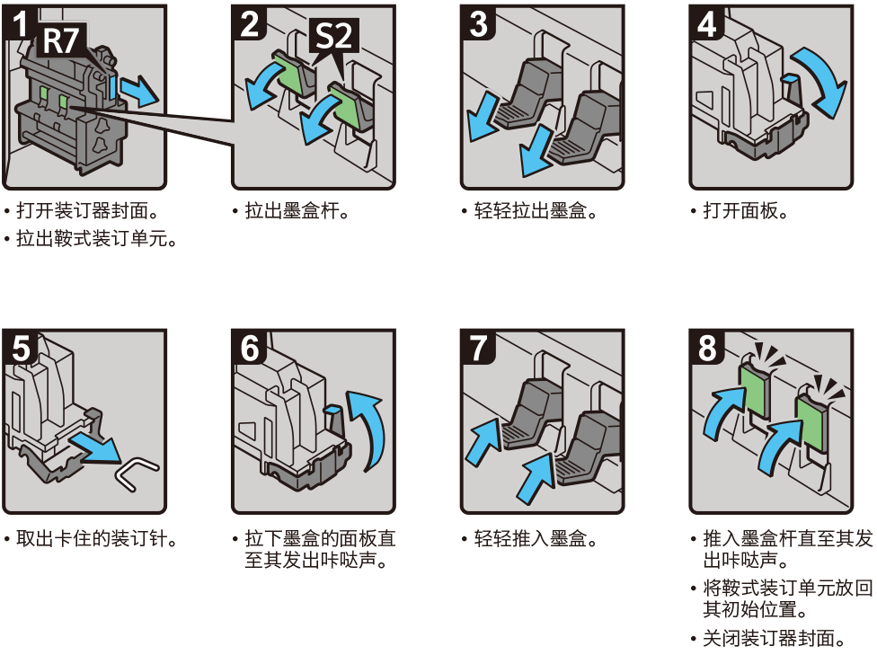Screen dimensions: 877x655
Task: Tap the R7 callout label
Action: pyautogui.click(x=61, y=40)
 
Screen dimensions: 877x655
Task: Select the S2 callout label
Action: pyautogui.click(x=333, y=35)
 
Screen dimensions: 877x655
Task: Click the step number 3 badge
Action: pyautogui.click(x=478, y=23)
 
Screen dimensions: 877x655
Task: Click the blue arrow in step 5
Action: pyautogui.click(x=95, y=447)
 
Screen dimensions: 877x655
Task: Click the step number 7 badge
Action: pyautogui.click(x=478, y=348)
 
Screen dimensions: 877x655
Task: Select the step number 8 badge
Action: pyautogui.click(x=707, y=348)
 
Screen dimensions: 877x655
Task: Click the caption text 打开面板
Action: pyautogui.click(x=740, y=211)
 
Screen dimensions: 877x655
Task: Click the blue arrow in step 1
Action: pyautogui.click(x=140, y=90)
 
